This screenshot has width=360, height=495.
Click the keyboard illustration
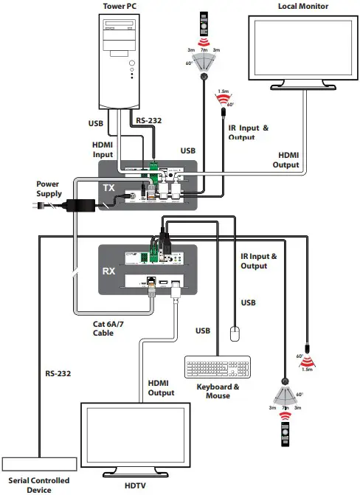coord(217,367)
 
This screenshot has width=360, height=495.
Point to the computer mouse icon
coord(235,333)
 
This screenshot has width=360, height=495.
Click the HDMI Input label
coord(103,149)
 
